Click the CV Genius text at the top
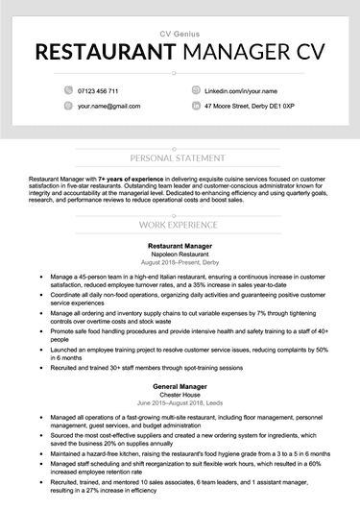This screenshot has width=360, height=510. pos(180,33)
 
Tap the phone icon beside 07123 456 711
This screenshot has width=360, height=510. pos(69,89)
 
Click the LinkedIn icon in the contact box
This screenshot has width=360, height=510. pos(197,89)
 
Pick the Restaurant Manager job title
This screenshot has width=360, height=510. pos(180,246)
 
